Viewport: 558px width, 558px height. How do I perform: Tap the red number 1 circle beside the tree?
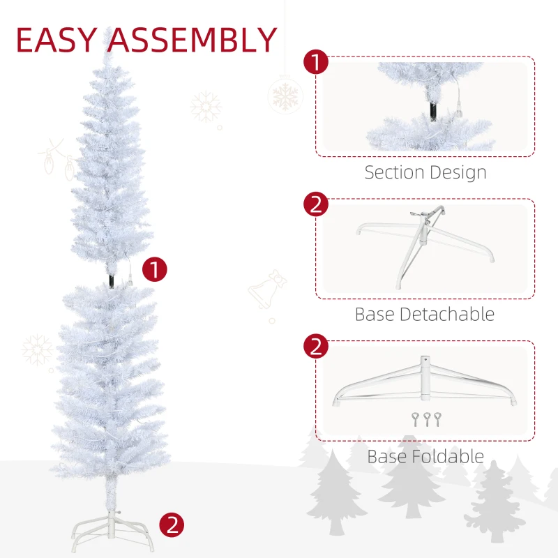click(155, 269)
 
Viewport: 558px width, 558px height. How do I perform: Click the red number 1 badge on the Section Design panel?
click(316, 61)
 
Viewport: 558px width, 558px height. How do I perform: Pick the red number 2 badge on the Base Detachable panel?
click(316, 204)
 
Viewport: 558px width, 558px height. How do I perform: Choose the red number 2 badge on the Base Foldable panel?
click(316, 347)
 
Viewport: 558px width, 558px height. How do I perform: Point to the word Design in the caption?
click(458, 172)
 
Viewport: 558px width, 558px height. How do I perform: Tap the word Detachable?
click(446, 315)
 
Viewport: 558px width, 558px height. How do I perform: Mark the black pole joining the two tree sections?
click(110, 278)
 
